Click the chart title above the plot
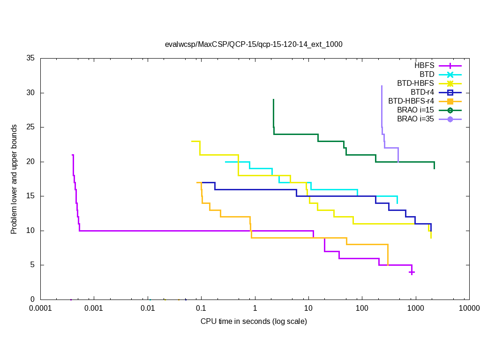pyautogui.click(x=254, y=45)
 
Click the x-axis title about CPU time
pyautogui.click(x=254, y=321)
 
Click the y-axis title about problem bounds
pyautogui.click(x=14, y=180)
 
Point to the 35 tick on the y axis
pyautogui.click(x=31, y=59)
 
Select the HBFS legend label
pyautogui.click(x=424, y=66)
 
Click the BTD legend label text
pyautogui.click(x=427, y=75)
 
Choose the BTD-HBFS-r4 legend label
pyautogui.click(x=411, y=101)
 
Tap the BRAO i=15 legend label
pyautogui.click(x=415, y=110)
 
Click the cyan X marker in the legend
pyautogui.click(x=450, y=75)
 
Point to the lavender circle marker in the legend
pyautogui.click(x=450, y=119)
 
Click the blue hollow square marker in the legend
pyautogui.click(x=450, y=92)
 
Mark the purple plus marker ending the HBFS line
pyautogui.click(x=412, y=272)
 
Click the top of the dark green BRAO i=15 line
pyautogui.click(x=273, y=99)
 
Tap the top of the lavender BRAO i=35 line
pyautogui.click(x=382, y=86)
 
